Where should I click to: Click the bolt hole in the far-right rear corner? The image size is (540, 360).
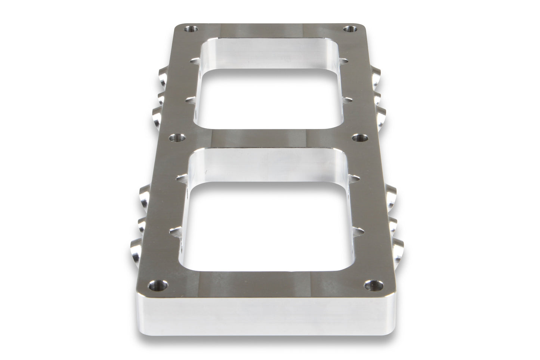pos(350,28)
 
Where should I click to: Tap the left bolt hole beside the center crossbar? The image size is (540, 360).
pos(175,138)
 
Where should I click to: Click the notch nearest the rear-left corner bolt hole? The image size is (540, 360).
pos(195,59)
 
